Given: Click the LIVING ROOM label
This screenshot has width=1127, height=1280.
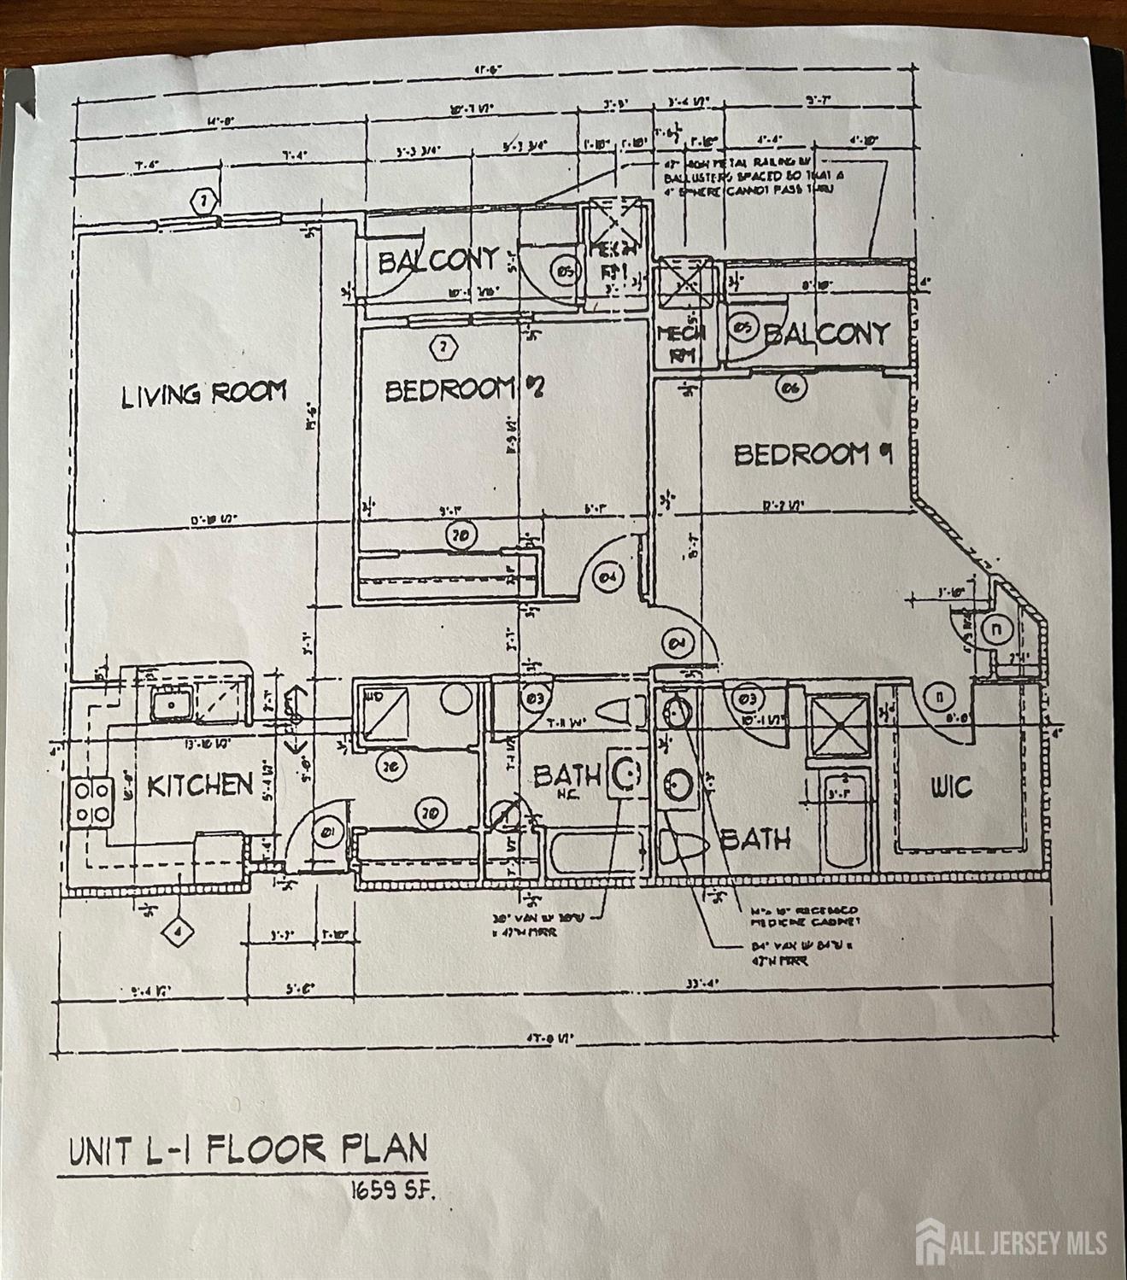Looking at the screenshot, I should (203, 394).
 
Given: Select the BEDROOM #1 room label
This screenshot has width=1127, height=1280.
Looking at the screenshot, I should (813, 453).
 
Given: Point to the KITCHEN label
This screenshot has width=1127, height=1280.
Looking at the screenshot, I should (200, 785).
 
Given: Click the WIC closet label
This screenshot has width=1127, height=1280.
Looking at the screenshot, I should (950, 786).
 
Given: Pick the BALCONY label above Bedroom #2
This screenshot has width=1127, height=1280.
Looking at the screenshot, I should (437, 260).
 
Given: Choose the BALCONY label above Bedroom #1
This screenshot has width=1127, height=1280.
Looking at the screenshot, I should (826, 333).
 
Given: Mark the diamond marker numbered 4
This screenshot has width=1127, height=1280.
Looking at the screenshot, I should (177, 932).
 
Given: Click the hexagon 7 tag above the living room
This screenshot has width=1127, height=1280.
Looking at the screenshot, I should (203, 202).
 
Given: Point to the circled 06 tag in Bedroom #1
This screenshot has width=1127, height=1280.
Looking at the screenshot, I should (790, 388).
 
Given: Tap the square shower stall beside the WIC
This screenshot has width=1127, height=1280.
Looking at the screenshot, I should (838, 725).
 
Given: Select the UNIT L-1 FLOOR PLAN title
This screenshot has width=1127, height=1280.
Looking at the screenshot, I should (247, 1150).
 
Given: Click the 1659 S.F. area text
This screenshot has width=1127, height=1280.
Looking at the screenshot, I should (395, 1189).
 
